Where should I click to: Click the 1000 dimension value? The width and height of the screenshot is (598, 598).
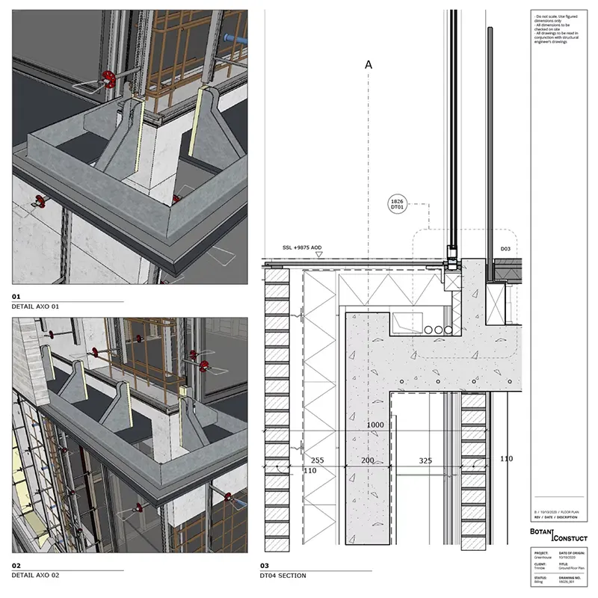375,425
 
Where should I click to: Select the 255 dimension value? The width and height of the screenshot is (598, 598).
317,461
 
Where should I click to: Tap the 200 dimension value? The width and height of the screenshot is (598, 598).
368,461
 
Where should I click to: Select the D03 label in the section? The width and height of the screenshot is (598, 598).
505,247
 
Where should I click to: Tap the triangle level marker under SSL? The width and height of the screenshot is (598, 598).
319,255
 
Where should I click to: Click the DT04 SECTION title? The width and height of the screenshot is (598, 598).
283,576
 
